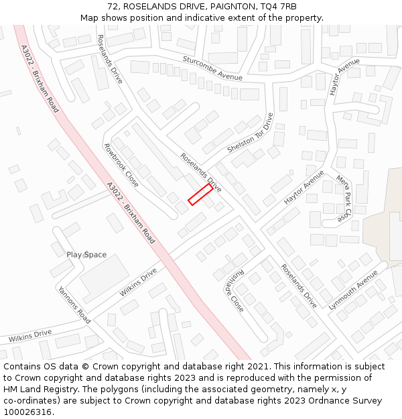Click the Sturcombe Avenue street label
pos(212,68)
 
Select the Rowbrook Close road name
pos(121,165)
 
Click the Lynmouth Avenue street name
pos(353,290)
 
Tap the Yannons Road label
pos(74,305)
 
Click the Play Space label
pos(86,255)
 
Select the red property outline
pos(200,194)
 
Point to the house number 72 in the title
pos(112,7)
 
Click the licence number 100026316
pos(27,412)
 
